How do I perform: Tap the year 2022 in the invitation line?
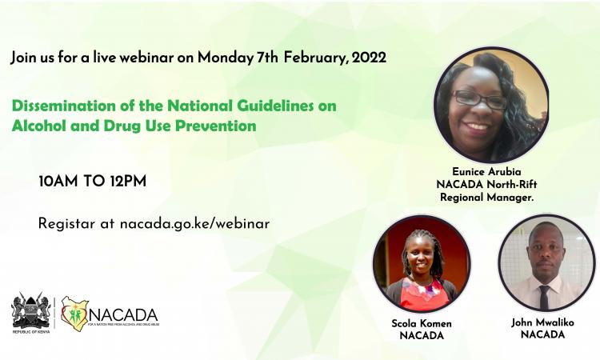coord(368,58)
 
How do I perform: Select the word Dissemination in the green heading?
coord(62,106)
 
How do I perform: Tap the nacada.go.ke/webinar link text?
coord(194,223)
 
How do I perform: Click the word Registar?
coord(66,223)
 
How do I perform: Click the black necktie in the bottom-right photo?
coord(544,297)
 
